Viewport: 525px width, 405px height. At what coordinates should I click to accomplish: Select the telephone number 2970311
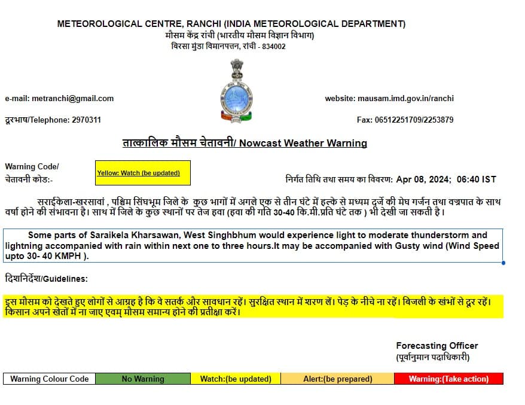coord(86,120)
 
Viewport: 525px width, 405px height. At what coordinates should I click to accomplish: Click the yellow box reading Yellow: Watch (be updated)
coord(142,173)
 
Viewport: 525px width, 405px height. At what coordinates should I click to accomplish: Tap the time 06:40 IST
coord(476,179)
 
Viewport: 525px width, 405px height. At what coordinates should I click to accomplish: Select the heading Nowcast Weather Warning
coord(303,144)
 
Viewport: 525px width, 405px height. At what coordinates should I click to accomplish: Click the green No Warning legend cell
coord(142,379)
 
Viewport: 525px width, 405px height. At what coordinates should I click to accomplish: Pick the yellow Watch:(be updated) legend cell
coord(235,379)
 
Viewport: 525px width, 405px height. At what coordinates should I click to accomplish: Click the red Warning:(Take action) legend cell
coord(448,379)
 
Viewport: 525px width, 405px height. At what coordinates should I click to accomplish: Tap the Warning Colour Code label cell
coord(49,379)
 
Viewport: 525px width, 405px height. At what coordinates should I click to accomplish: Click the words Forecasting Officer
coord(437,346)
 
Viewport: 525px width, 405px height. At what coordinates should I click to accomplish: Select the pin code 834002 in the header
coord(274,47)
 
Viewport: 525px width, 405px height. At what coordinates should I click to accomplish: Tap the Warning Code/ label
coord(32,166)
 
